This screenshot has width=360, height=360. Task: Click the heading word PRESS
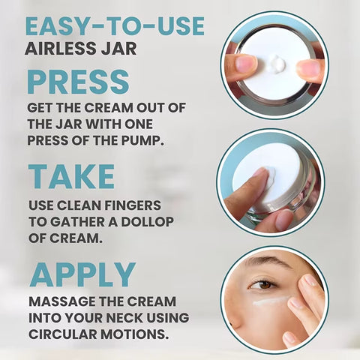[x=78, y=82]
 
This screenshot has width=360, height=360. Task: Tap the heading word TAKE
[x=71, y=176]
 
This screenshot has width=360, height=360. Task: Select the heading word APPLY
[x=83, y=274]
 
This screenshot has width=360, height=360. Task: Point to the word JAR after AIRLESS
[x=121, y=48]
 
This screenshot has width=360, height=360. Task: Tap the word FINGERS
[x=133, y=205]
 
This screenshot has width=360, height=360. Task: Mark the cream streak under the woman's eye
[x=271, y=301]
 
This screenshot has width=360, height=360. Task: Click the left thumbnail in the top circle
[x=247, y=63]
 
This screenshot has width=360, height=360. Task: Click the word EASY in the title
[x=58, y=26]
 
